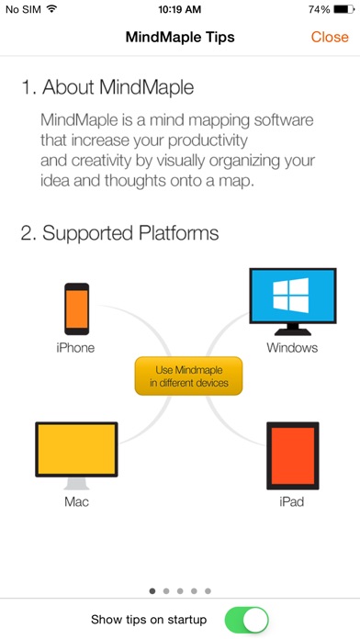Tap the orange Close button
[330, 37]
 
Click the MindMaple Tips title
[180, 37]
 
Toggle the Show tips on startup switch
[247, 620]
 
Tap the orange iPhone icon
[76, 308]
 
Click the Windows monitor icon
[293, 301]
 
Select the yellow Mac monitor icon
[76, 455]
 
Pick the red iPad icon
[293, 455]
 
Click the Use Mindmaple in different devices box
[188, 376]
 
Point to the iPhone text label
[75, 348]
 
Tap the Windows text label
[292, 348]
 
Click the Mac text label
[76, 501]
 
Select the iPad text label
[291, 501]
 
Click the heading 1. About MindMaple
[107, 87]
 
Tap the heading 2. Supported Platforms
[120, 233]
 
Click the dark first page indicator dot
[152, 591]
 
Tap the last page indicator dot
[208, 591]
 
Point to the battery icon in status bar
[344, 9]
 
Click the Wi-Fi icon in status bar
[51, 8]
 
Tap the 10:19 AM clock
[180, 9]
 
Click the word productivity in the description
[208, 141]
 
